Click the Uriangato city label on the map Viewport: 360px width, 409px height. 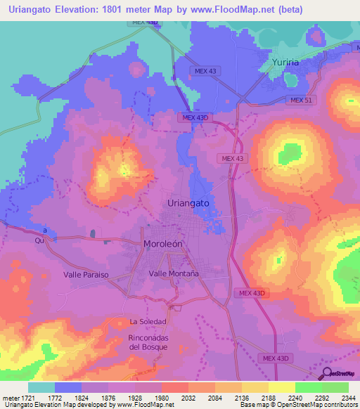pyautogui.click(x=189, y=202)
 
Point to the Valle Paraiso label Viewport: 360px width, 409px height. pyautogui.click(x=86, y=275)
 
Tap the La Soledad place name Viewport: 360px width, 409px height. pyautogui.click(x=148, y=322)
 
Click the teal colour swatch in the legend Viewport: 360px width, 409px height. pyautogui.click(x=41, y=387)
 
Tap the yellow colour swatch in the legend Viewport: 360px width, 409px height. pyautogui.click(x=281, y=387)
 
